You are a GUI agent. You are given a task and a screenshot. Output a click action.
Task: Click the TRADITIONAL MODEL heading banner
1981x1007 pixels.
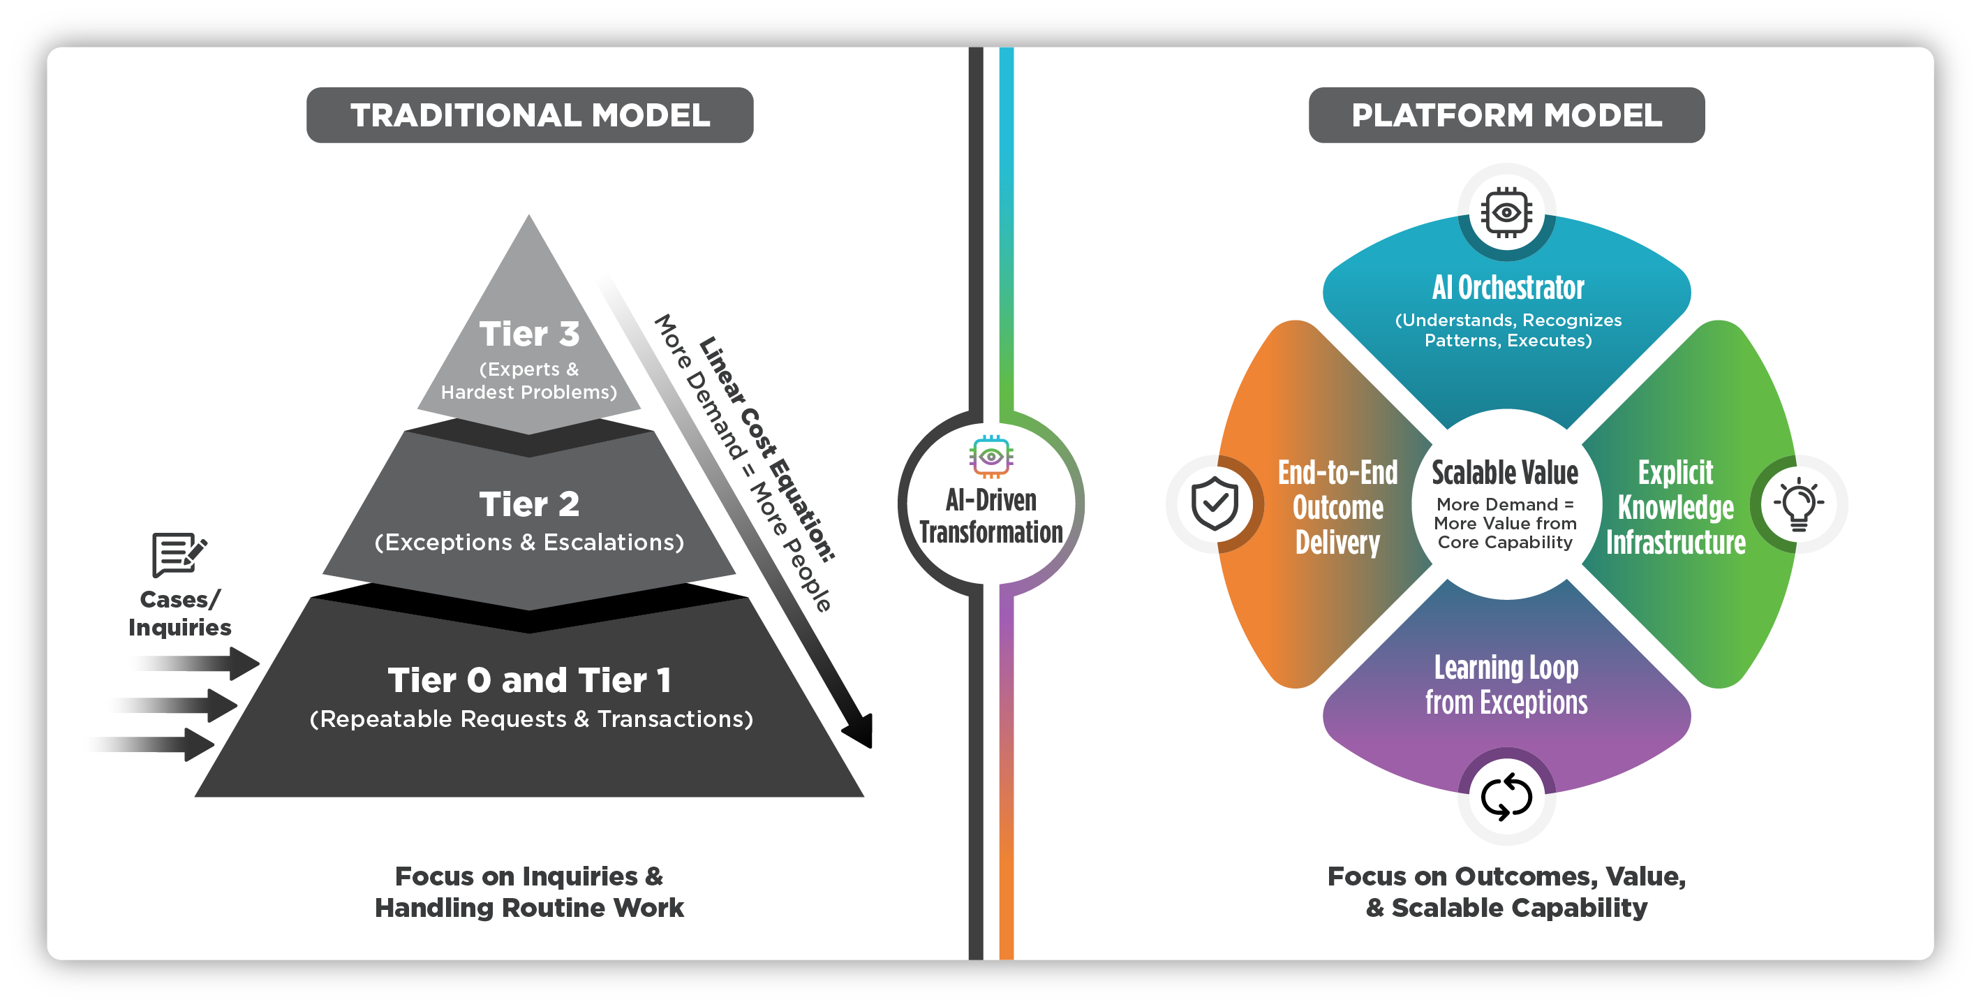tap(530, 115)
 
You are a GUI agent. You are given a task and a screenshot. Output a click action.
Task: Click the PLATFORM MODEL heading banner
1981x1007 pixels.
tap(1506, 115)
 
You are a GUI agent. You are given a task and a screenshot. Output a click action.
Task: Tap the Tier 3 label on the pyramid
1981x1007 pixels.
tap(529, 335)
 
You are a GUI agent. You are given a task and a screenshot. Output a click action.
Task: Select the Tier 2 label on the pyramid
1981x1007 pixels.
tap(529, 505)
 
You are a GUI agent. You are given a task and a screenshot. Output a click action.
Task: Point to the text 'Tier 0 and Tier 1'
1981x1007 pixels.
tap(529, 680)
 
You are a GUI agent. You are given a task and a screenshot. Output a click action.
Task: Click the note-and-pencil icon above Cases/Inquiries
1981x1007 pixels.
tap(179, 554)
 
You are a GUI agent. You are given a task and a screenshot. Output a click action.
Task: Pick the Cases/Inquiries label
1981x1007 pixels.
tap(179, 613)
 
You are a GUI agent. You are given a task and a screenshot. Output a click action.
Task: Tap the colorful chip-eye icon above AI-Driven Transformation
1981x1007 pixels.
tap(991, 456)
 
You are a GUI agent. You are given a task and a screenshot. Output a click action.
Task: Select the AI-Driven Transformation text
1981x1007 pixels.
tap(991, 516)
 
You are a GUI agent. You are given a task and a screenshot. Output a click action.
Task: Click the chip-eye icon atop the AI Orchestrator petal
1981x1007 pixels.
tap(1506, 212)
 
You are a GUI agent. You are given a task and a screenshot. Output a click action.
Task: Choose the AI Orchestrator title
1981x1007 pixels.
tap(1507, 288)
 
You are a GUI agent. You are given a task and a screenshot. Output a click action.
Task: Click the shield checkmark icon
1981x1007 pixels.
tap(1215, 504)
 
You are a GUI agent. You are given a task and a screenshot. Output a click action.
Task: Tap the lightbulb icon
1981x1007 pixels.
tap(1799, 504)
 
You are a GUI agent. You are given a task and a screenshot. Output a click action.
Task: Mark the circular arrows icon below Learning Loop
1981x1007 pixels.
tap(1506, 796)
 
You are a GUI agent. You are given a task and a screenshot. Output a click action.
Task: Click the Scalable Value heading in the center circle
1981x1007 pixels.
tap(1505, 472)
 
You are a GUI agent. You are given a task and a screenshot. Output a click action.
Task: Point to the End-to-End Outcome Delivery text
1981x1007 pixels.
tap(1337, 508)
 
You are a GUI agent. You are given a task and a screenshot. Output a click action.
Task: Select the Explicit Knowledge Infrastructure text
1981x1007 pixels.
tap(1676, 508)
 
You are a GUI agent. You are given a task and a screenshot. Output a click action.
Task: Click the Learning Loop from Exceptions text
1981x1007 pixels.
tap(1506, 684)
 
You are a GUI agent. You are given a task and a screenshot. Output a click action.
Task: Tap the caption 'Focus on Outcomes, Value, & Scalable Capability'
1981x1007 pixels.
tap(1506, 892)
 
